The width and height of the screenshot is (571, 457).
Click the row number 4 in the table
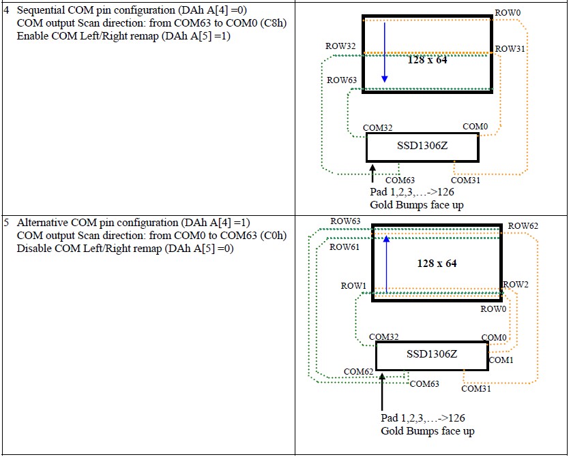coord(6,12)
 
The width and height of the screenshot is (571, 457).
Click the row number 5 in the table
coord(6,223)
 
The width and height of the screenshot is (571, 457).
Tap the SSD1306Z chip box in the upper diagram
coord(422,146)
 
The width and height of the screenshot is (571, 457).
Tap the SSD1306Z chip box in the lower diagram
coord(431,354)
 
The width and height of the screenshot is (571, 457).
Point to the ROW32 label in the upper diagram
coord(341,46)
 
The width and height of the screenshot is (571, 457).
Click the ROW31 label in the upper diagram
coord(510,49)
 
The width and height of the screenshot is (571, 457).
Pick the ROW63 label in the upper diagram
coord(341,80)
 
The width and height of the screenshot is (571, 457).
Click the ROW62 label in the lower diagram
coord(523,225)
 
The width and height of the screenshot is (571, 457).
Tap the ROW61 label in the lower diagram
coord(345,247)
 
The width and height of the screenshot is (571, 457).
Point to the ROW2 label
coord(516,284)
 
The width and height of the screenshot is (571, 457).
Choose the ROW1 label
coord(354,286)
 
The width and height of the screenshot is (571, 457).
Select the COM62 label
coord(357,372)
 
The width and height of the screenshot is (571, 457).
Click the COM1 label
coord(501,360)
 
